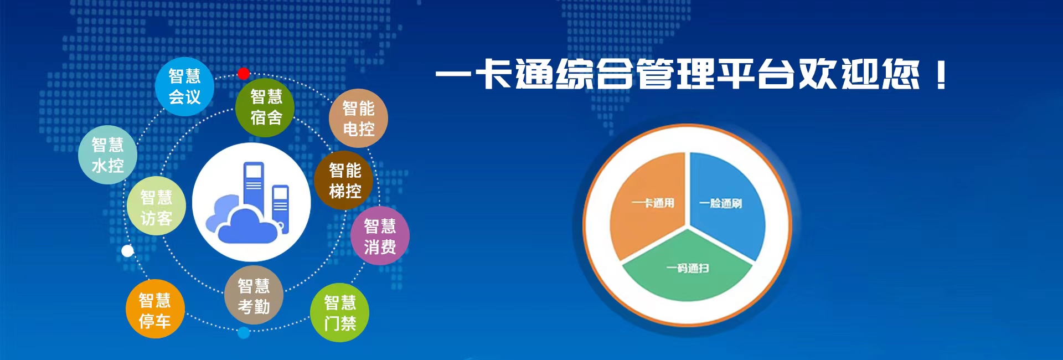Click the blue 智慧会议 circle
coord(184,86)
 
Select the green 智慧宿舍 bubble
coord(265,107)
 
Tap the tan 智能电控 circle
coord(358,119)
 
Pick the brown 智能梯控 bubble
coord(344,181)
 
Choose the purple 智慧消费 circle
coord(380,236)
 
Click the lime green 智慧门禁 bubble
coord(339,313)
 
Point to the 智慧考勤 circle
coord(254,295)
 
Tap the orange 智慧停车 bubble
coord(154,309)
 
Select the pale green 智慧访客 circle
coord(156,206)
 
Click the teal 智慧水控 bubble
coord(107,155)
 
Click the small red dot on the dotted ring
coord(244,74)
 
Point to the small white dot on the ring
coord(127,251)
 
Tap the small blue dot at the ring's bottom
coord(244,333)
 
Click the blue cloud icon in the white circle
coord(244,222)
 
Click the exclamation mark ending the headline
coord(941,75)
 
